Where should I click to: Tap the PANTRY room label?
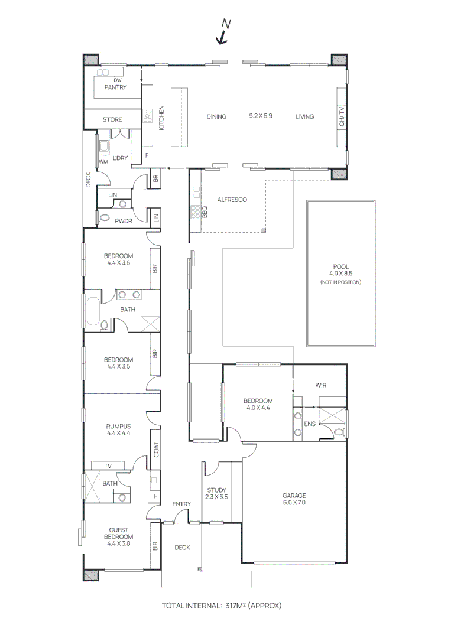point(115,87)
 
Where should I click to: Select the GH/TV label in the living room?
point(341,116)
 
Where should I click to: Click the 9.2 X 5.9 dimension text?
point(261,116)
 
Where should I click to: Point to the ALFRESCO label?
point(232,200)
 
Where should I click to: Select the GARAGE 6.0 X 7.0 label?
point(294,499)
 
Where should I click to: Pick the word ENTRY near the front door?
point(181,504)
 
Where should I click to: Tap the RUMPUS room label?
point(118,429)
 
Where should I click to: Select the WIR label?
point(321,385)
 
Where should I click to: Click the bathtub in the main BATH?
point(93,312)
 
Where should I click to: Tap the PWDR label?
point(123,221)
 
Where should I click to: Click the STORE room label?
point(112,119)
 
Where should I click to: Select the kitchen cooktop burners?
point(145,116)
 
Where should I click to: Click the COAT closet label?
point(156,450)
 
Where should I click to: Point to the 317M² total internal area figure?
point(237,606)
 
